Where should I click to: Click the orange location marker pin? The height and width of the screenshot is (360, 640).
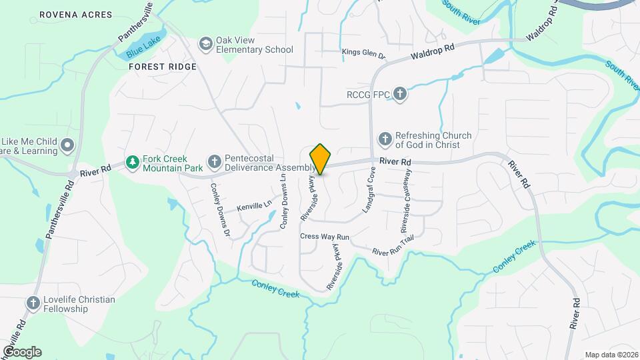(x=321, y=159)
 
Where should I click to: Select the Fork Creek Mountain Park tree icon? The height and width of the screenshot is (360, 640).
(x=132, y=162)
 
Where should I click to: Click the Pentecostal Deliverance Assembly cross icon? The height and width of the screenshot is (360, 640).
(x=214, y=162)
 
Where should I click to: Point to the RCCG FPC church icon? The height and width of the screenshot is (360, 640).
(x=399, y=93)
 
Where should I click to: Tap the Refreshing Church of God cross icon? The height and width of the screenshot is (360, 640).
(x=385, y=139)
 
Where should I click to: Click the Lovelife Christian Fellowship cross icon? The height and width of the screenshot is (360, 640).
(x=33, y=303)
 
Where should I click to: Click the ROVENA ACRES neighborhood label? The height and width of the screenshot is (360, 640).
(x=67, y=14)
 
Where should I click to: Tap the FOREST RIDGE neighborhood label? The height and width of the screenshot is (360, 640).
(x=163, y=67)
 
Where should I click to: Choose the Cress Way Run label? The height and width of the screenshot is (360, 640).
(x=325, y=237)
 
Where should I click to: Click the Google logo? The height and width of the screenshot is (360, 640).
(x=22, y=351)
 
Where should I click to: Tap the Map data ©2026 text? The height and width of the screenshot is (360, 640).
(x=610, y=354)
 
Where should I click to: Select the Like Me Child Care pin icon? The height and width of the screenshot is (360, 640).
(x=67, y=145)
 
